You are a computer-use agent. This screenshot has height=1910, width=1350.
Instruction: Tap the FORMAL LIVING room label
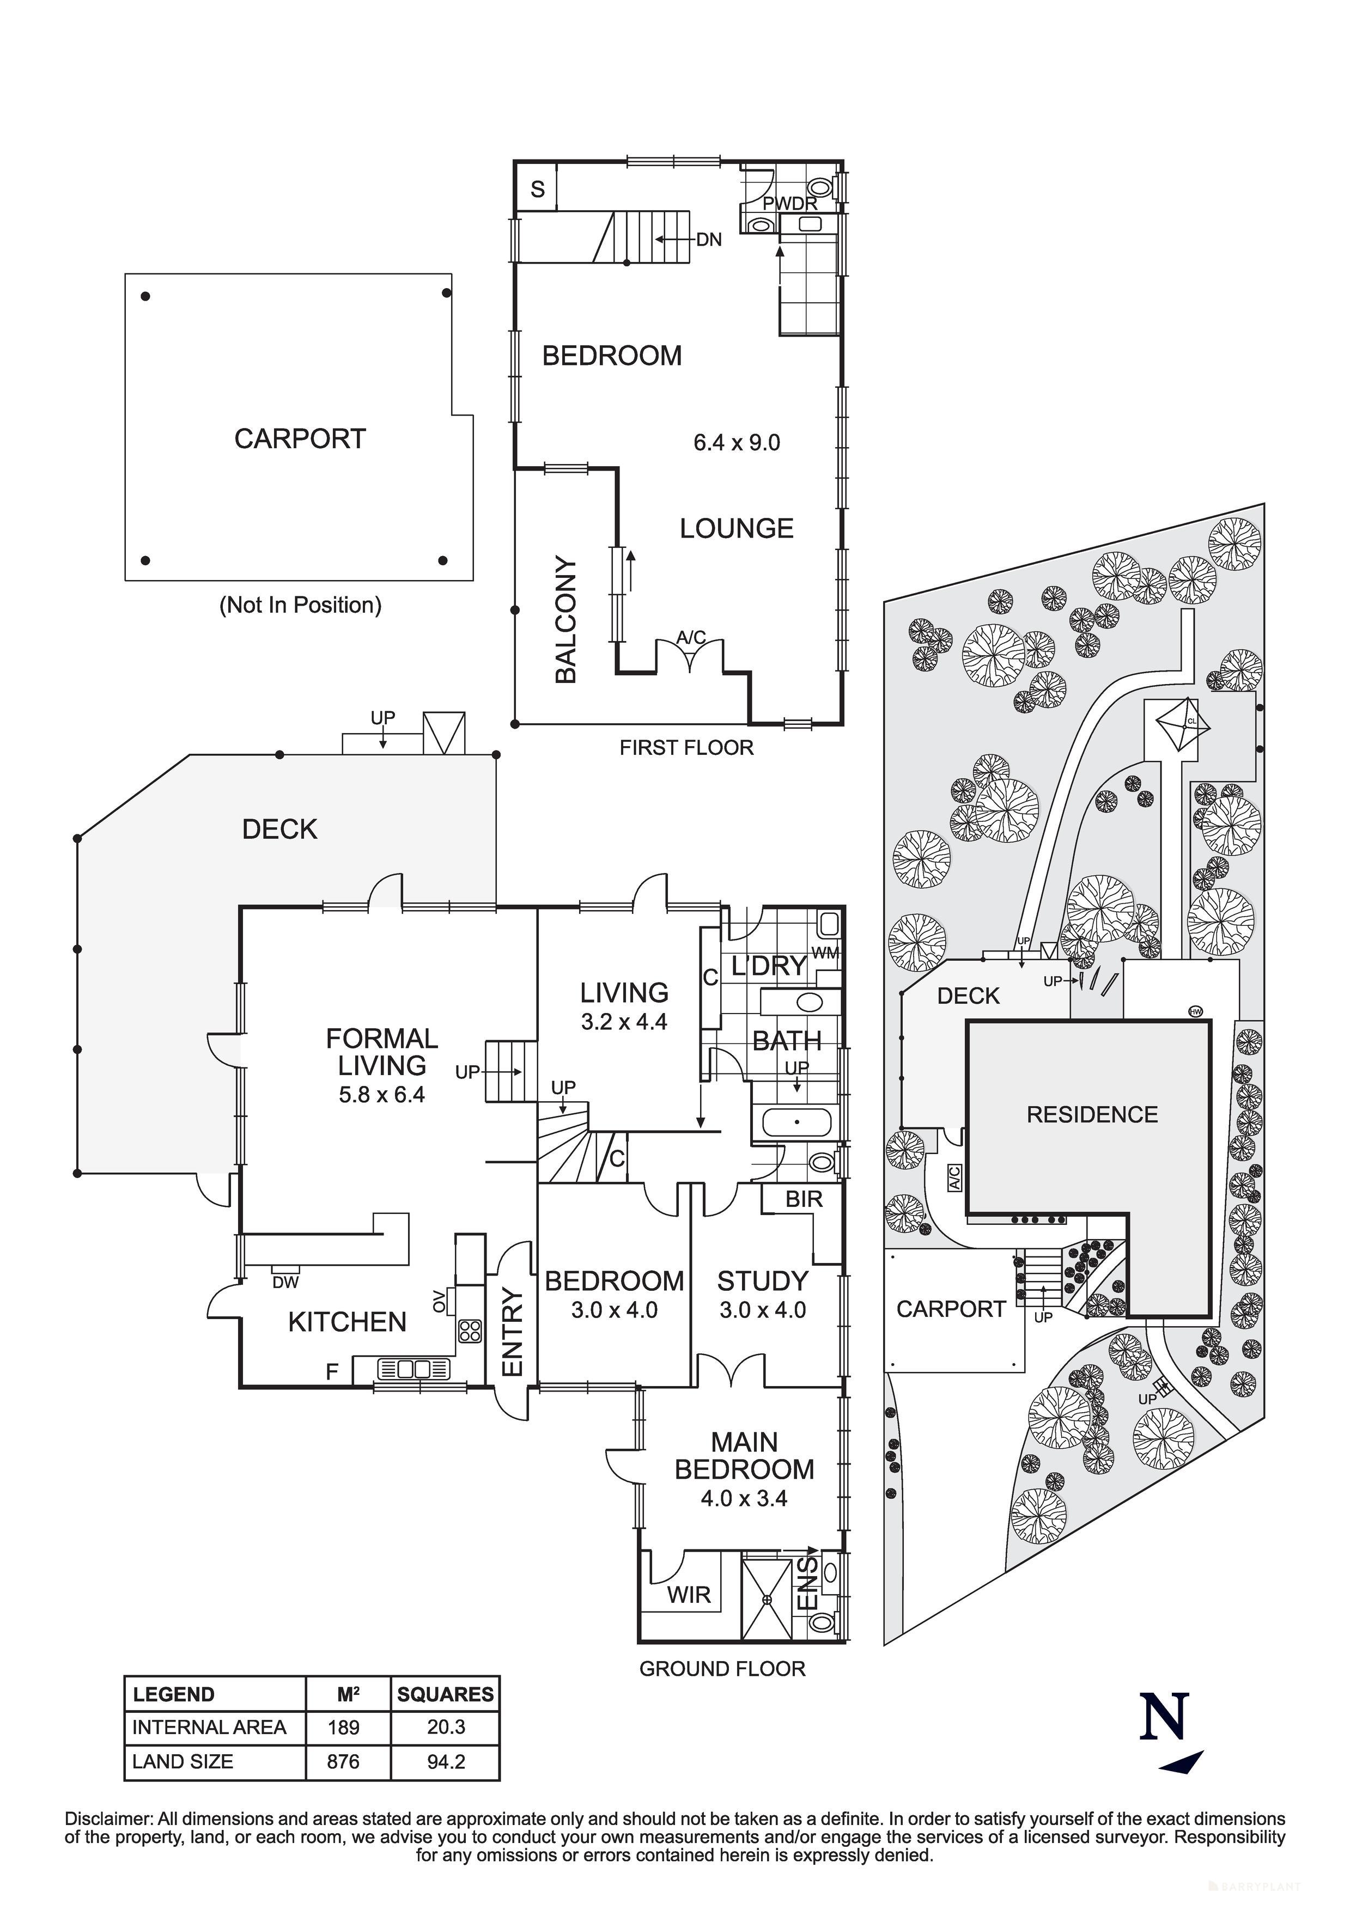point(381,1052)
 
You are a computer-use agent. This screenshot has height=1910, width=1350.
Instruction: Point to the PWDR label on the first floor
point(789,204)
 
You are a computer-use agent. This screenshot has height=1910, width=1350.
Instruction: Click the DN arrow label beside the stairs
point(708,240)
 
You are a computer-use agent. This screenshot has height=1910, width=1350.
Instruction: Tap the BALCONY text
point(566,620)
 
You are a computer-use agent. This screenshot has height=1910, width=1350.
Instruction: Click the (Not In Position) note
point(301,605)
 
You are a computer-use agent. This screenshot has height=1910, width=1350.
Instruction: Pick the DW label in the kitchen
point(285,1283)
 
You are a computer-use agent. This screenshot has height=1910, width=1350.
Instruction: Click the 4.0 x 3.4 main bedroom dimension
point(744,1498)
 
